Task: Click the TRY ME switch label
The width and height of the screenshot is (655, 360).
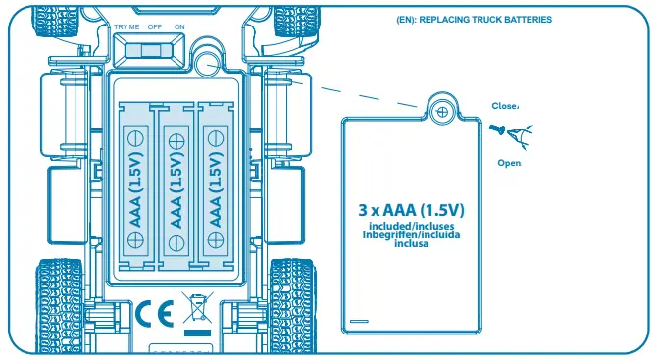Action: click(x=126, y=27)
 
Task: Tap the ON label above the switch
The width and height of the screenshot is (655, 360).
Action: click(x=178, y=27)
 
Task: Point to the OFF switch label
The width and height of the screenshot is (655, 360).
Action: click(x=154, y=27)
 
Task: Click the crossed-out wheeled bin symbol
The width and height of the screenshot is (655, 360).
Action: click(x=195, y=310)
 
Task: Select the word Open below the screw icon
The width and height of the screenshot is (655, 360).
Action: click(x=509, y=163)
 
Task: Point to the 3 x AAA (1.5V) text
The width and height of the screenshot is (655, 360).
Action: click(x=410, y=210)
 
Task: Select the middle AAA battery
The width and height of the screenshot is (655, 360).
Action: click(x=176, y=187)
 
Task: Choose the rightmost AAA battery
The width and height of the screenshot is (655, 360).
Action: click(x=216, y=187)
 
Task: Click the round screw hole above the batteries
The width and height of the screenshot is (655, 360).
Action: click(x=208, y=62)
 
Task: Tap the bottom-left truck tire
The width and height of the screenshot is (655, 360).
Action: click(x=59, y=304)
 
